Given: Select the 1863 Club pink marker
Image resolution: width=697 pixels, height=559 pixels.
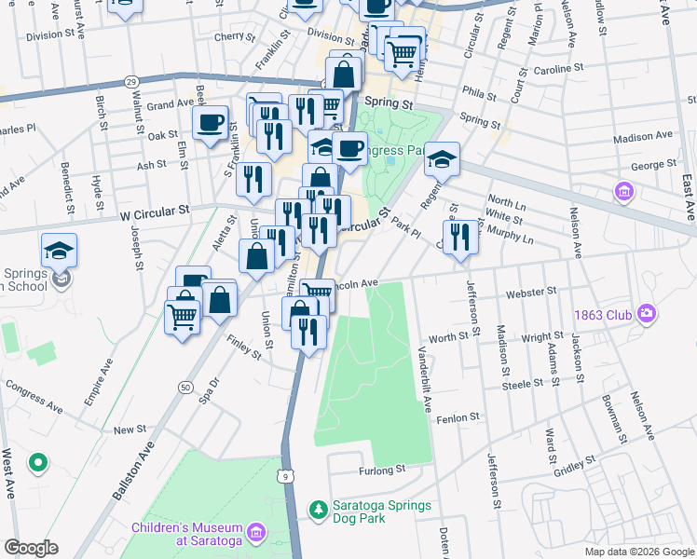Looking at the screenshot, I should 646,315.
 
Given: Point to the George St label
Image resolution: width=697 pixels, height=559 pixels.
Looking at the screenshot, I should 652,164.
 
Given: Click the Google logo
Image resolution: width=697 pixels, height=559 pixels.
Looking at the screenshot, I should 31,548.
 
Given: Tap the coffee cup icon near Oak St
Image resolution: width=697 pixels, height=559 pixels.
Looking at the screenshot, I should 211,121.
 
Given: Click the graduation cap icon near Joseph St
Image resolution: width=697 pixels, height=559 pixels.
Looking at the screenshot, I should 60,250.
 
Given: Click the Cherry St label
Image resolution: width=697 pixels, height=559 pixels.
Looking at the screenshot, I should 234,37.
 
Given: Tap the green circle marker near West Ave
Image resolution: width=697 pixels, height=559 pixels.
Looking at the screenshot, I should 37,461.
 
